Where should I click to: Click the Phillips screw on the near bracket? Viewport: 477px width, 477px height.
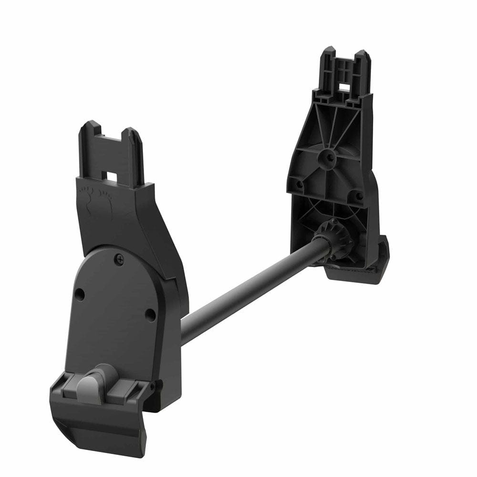119,259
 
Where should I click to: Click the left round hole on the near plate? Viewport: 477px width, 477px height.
80,295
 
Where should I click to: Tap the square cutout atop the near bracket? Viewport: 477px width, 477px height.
111,176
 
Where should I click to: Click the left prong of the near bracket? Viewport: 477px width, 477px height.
89,143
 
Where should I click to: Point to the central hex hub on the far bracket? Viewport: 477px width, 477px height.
330,156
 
